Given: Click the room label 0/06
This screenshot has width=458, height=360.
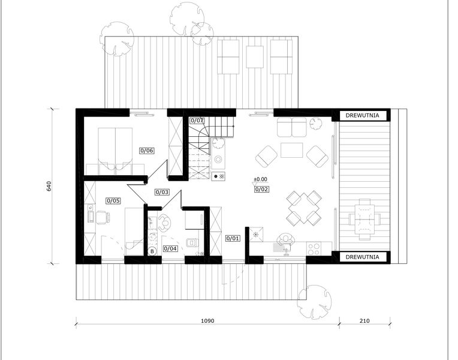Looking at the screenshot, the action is tap(147, 151).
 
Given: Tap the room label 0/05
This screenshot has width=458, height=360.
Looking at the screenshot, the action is tap(113, 200).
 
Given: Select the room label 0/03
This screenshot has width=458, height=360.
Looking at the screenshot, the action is tap(162, 192).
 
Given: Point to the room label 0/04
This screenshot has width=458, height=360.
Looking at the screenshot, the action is tap(170, 248).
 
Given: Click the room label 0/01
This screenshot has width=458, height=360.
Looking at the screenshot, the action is tap(233, 238).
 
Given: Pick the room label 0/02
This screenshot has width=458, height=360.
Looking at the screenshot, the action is tap(261, 189).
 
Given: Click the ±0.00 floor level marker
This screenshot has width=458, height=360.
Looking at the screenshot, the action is tap(260, 179).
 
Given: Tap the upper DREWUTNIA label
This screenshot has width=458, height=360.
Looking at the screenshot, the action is tap(362, 115).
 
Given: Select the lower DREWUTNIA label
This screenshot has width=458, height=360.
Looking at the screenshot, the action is tap(362, 257).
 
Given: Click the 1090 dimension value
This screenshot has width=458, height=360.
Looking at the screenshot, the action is tap(207, 321).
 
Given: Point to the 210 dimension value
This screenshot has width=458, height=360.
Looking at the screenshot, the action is tap(364, 321).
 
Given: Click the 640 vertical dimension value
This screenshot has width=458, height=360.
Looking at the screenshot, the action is tap(49, 186).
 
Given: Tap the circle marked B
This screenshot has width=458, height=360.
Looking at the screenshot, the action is tap(152, 251).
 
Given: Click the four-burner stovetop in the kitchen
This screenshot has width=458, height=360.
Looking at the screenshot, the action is tap(314, 248).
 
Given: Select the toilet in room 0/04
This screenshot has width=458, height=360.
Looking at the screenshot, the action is tap(192, 242).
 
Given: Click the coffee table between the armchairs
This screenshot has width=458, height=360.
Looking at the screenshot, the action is tap(292, 150).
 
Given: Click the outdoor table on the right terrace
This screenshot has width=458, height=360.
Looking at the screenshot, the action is tap(364, 219).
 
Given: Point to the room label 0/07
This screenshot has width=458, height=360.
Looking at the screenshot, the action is tap(197, 121).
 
